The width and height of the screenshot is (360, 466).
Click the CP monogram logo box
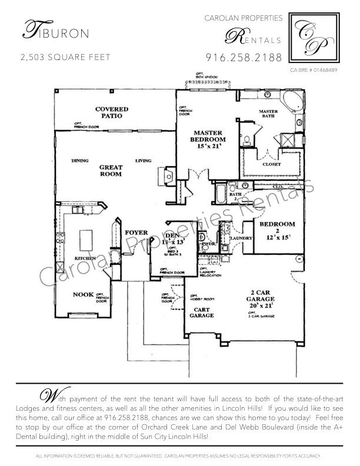(x=317, y=38)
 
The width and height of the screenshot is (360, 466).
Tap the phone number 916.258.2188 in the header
(x=244, y=58)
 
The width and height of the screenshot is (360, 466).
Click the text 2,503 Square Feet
(x=65, y=58)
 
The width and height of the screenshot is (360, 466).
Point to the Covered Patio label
(x=111, y=112)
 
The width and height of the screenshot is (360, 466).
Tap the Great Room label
(x=111, y=171)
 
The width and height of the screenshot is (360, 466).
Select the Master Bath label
(x=272, y=114)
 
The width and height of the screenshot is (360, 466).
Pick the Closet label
(x=272, y=164)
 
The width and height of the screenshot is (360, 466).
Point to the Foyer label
(x=136, y=233)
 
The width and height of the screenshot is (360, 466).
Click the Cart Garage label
(x=201, y=311)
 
